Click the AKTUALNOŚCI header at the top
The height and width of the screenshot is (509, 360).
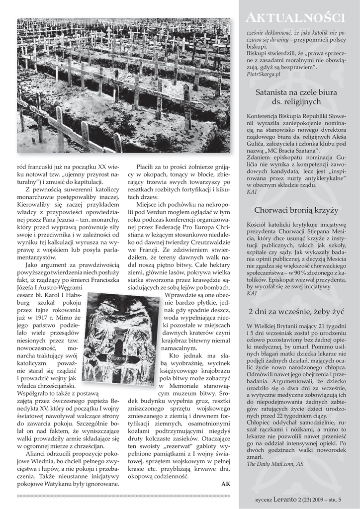[296, 18]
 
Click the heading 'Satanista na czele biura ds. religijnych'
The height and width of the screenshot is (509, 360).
[296, 97]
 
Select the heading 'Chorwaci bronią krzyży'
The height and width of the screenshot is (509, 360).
[296, 210]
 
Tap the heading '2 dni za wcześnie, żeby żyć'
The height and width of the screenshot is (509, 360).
[296, 312]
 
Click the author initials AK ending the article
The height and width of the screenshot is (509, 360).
[225, 484]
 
